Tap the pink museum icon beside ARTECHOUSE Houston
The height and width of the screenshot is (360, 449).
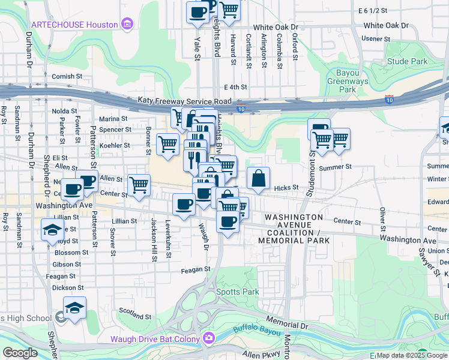tap(127, 24)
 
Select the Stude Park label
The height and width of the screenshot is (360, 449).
tap(407, 61)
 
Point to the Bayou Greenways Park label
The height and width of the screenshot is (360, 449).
tap(348, 81)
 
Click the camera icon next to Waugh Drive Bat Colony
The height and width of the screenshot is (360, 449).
tap(208, 338)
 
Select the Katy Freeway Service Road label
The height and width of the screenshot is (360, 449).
tap(184, 101)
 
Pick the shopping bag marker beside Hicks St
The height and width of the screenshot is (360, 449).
tap(258, 178)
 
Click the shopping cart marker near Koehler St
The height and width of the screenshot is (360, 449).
tap(167, 144)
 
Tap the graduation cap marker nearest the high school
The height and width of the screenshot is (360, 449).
tap(74, 308)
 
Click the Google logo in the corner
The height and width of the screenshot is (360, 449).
tap(20, 353)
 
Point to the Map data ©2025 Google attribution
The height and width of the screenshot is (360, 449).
tap(412, 355)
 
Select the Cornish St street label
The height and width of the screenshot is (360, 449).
tap(67, 76)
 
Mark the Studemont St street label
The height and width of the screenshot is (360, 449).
tap(312, 157)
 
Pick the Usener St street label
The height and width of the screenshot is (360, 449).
tap(376, 39)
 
